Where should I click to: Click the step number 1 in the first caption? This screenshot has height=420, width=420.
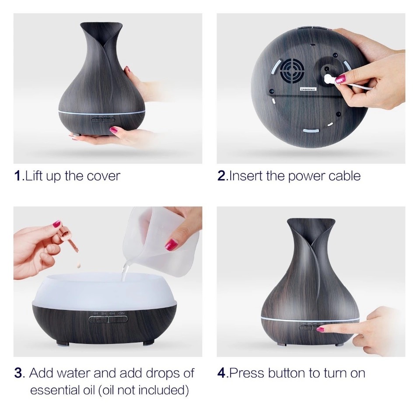click(17, 176)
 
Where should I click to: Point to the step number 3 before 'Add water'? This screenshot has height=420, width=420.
click(18, 373)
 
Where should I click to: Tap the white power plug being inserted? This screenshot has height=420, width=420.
click(328, 79)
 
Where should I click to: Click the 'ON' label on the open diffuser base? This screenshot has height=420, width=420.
click(122, 313)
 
